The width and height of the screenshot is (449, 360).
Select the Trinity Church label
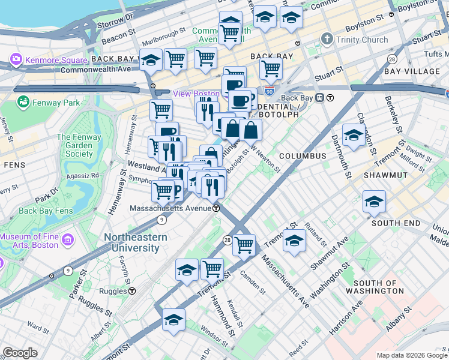pyautogui.click(x=362, y=40)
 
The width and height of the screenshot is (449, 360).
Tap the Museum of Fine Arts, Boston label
pyautogui.click(x=30, y=241)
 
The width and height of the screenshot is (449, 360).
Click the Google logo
pyautogui.click(x=20, y=353)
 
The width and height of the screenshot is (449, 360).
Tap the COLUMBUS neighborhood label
pyautogui.click(x=302, y=156)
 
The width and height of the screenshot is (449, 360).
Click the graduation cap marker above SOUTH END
pyautogui.click(x=374, y=202)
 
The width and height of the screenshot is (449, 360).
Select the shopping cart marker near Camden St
pyautogui.click(x=244, y=244)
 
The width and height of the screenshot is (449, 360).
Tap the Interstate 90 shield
pyautogui.click(x=270, y=91)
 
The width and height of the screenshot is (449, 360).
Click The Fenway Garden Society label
pyautogui.click(x=75, y=146)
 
